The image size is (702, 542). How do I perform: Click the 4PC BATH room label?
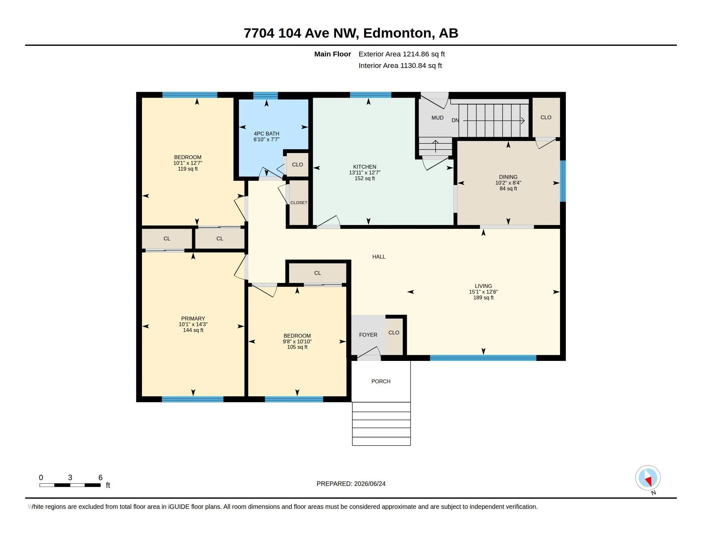pyautogui.click(x=266, y=134)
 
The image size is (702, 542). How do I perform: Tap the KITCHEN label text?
pyautogui.click(x=364, y=167)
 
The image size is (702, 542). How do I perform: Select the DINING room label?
pyautogui.click(x=508, y=177)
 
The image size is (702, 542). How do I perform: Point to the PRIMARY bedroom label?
pyautogui.click(x=193, y=319)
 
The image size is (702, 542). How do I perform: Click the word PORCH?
pyautogui.click(x=381, y=381)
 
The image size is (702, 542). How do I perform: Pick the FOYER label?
pyautogui.click(x=368, y=334)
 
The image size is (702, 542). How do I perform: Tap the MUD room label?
pyautogui.click(x=437, y=118)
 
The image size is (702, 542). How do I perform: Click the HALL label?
pyautogui.click(x=379, y=257)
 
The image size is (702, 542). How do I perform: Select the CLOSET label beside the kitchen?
pyautogui.click(x=299, y=202)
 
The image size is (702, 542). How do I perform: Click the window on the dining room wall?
pyautogui.click(x=563, y=181)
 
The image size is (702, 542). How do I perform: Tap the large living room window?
pyautogui.click(x=483, y=358)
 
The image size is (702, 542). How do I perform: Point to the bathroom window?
pyautogui.click(x=265, y=95)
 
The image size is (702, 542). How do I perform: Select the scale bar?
pyautogui.click(x=70, y=485)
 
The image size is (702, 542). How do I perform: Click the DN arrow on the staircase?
pyautogui.click(x=494, y=121)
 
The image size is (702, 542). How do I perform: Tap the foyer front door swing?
pyautogui.click(x=369, y=353)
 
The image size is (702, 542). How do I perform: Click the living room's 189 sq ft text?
pyautogui.click(x=483, y=298)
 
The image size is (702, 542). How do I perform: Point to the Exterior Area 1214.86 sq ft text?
pyautogui.click(x=401, y=54)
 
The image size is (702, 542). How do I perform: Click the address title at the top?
pyautogui.click(x=351, y=33)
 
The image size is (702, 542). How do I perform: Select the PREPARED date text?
pyautogui.click(x=351, y=484)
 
